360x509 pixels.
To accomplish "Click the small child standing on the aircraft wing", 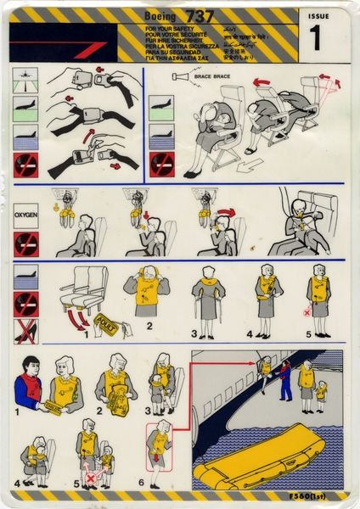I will click(320, 394).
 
